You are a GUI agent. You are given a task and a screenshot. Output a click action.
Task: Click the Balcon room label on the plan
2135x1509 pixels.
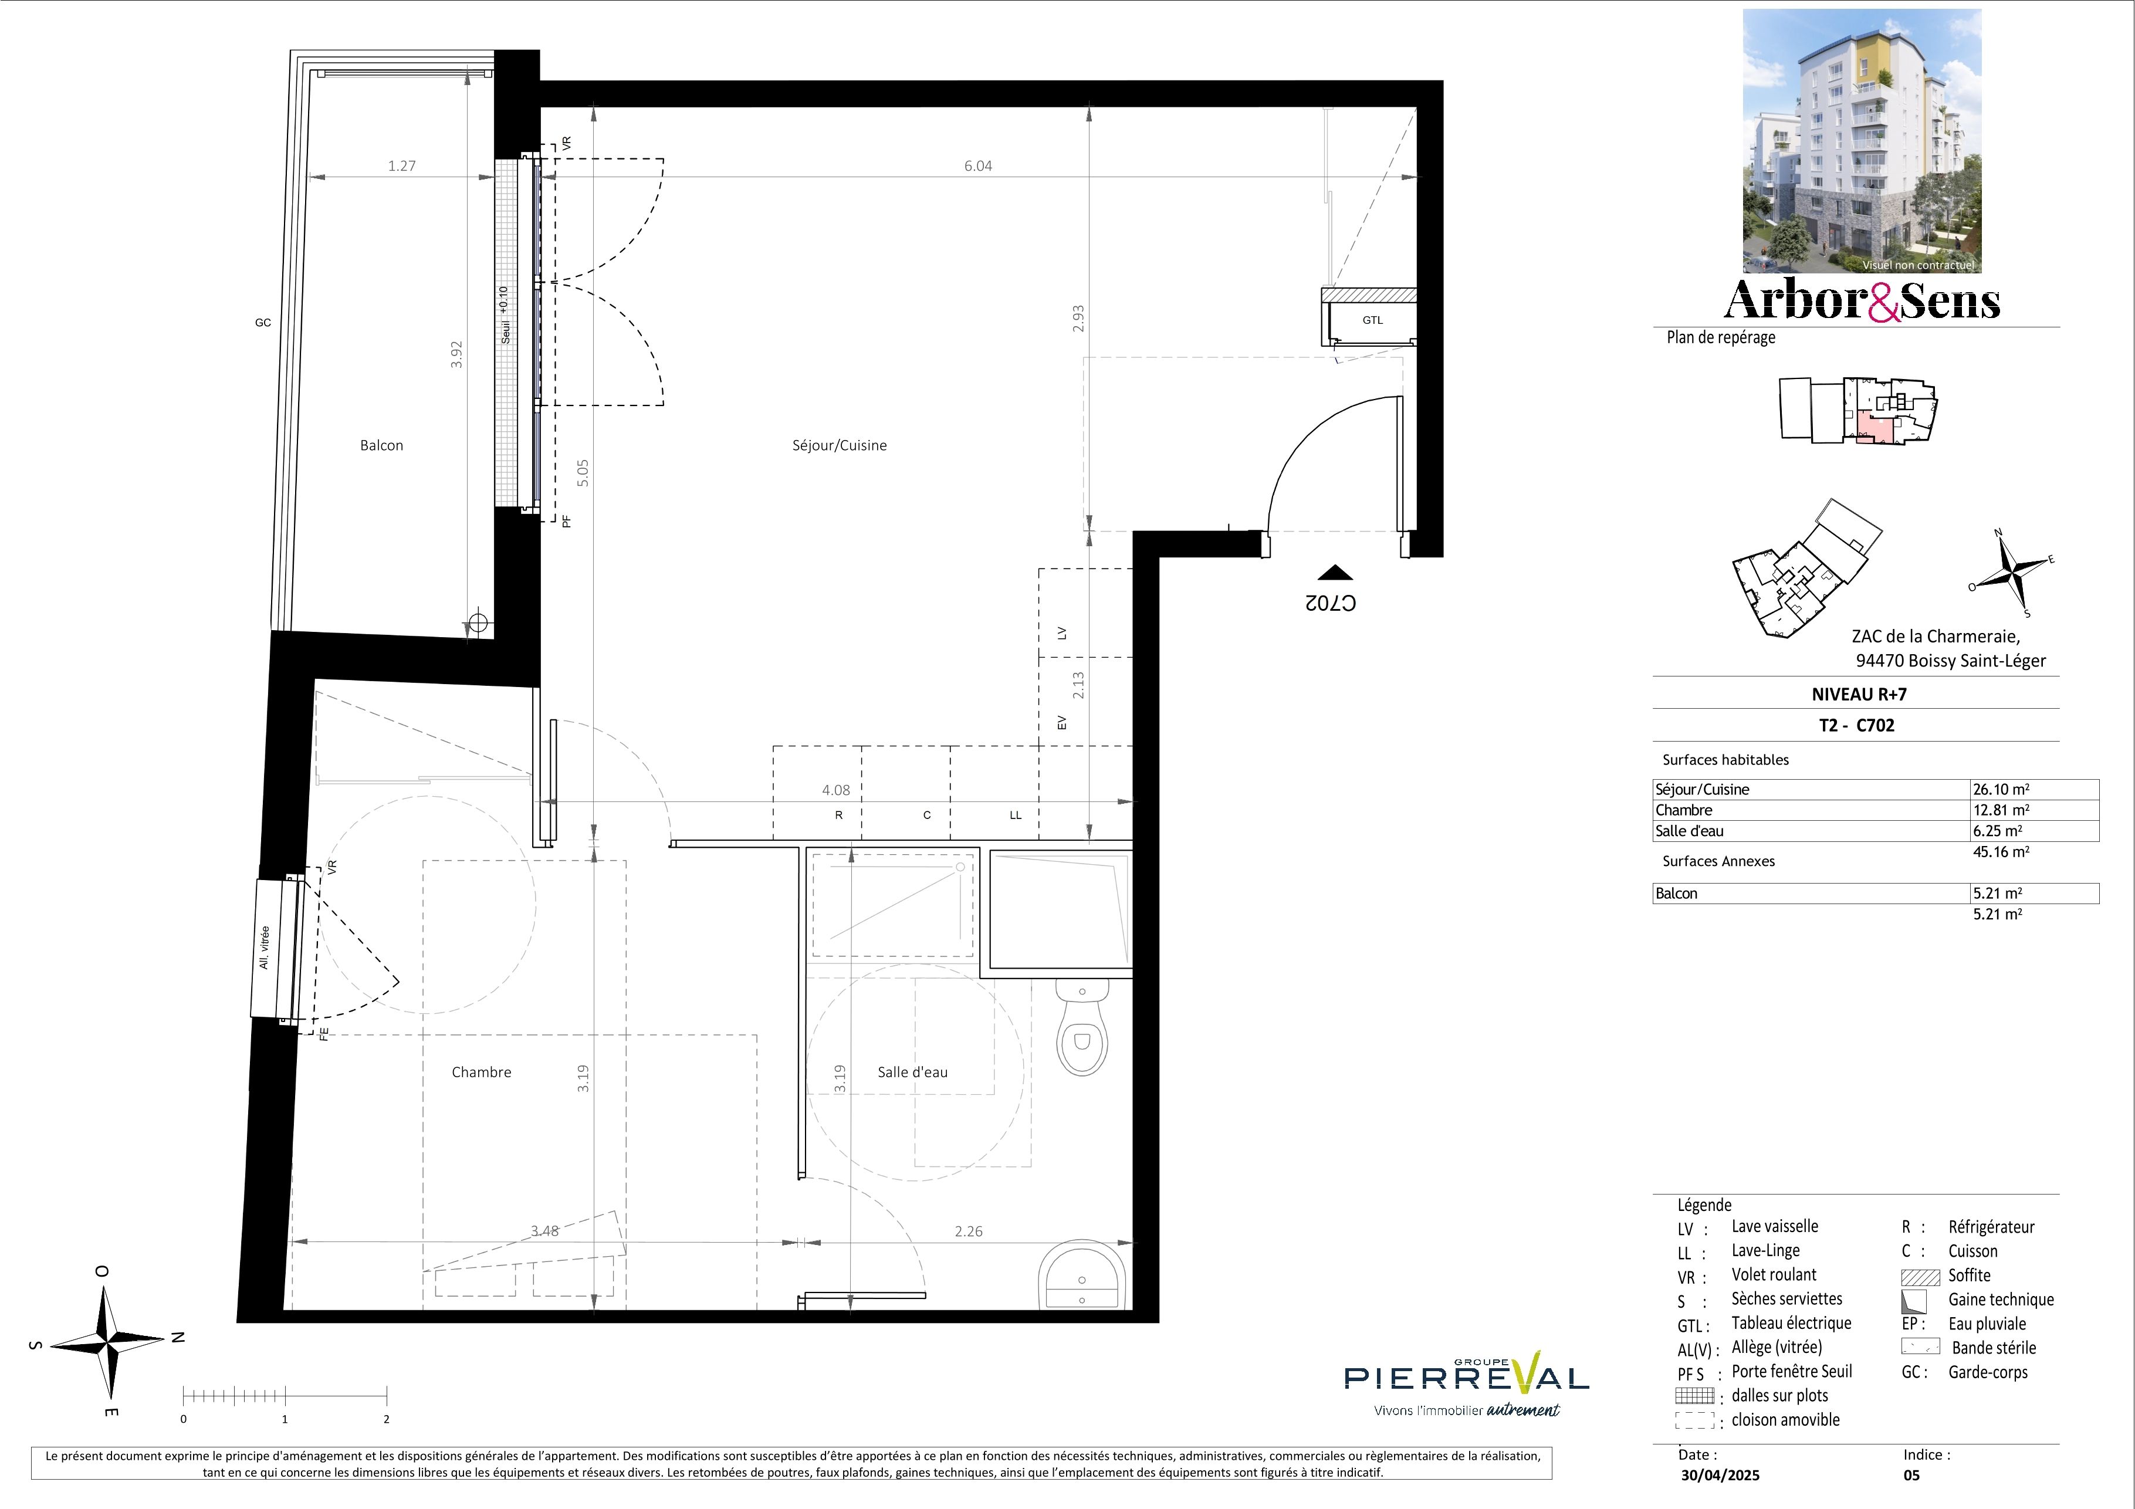[x=381, y=445]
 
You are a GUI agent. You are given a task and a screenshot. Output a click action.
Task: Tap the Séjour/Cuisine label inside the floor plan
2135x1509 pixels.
[x=839, y=445]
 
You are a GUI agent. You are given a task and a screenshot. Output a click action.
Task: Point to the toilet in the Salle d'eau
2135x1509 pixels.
[x=1081, y=1027]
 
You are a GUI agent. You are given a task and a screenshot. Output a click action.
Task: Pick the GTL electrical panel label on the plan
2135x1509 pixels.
[x=1372, y=320]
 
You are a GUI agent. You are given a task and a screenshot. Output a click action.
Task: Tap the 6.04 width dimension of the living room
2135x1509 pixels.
[x=977, y=165]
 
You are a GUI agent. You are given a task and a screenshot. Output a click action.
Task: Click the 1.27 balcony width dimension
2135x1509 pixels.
[x=402, y=165]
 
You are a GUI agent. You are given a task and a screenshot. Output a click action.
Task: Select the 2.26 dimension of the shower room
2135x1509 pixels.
[x=968, y=1231]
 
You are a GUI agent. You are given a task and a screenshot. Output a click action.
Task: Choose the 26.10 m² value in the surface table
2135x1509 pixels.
[x=2001, y=789]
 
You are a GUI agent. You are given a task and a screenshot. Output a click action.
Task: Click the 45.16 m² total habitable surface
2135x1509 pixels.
[x=2001, y=852]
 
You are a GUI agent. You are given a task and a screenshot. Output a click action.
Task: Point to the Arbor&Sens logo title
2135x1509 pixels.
[x=1862, y=299]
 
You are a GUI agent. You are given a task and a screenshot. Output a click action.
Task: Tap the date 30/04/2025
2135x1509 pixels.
[x=1720, y=1474]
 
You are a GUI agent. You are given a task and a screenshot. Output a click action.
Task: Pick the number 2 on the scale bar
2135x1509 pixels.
[x=386, y=1419]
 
